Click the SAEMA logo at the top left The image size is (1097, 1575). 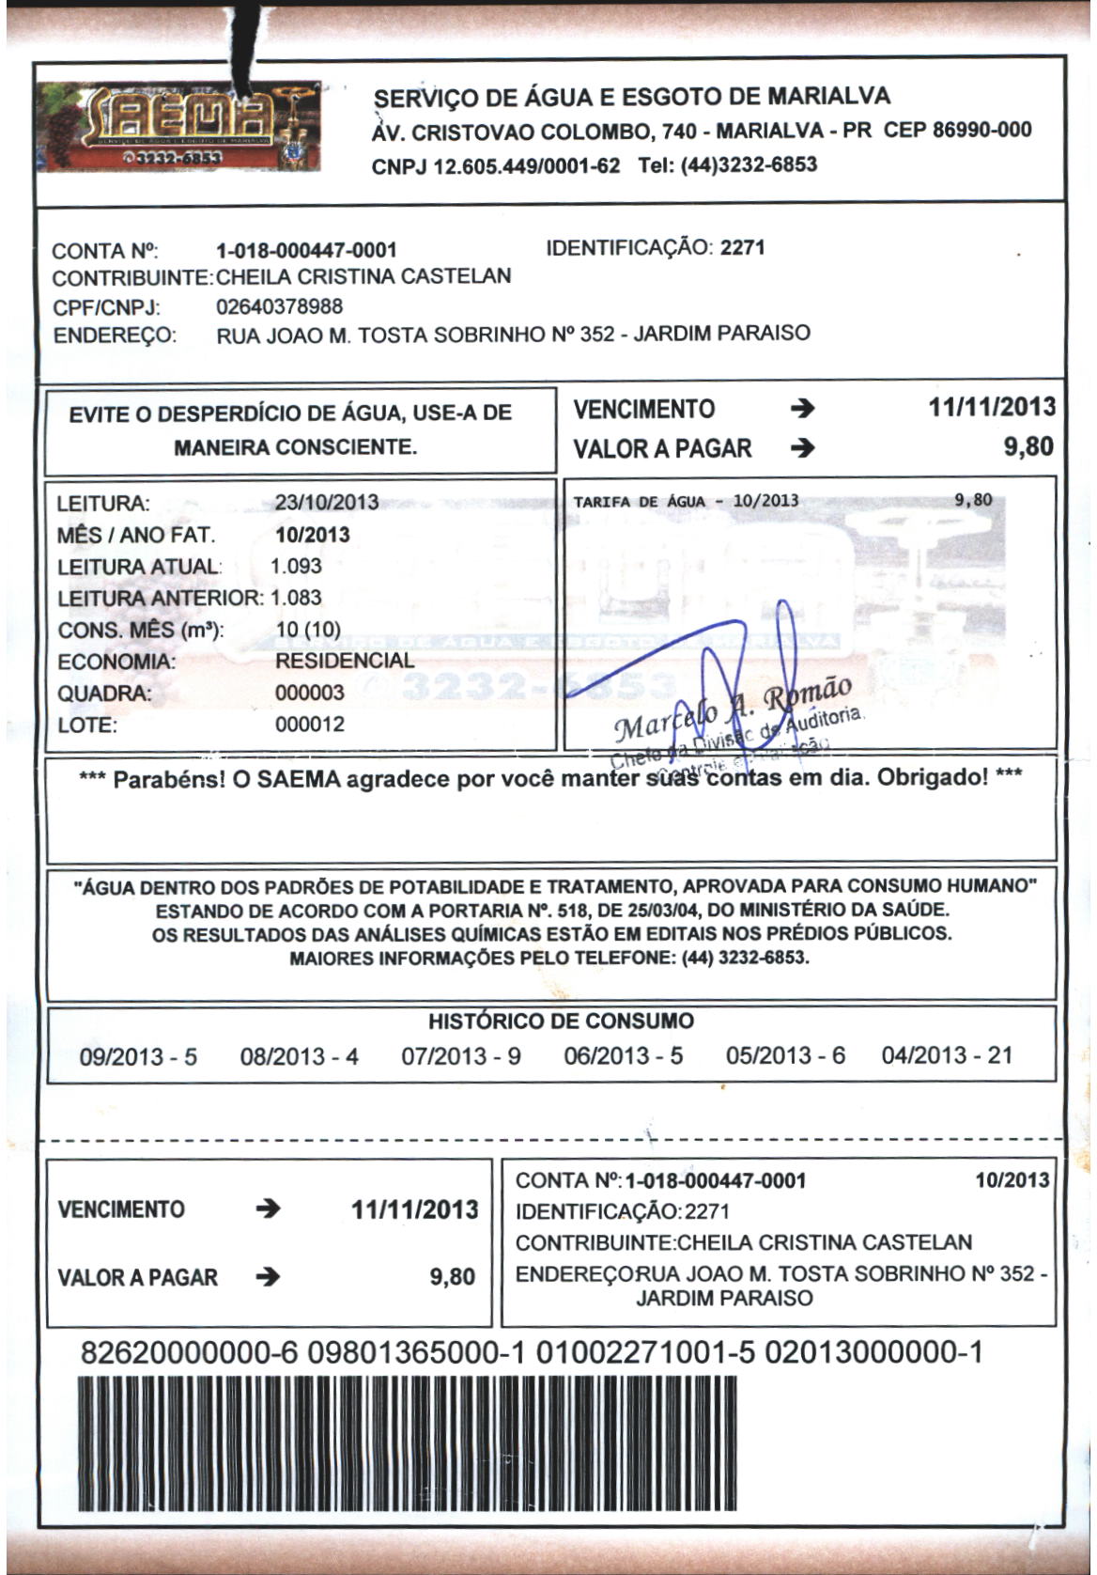tap(178, 124)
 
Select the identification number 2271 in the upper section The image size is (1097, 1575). tap(742, 248)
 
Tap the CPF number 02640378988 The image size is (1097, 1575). tap(279, 306)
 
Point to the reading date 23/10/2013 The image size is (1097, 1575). tap(327, 502)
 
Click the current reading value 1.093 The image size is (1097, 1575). tap(296, 566)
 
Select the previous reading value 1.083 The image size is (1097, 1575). tap(296, 598)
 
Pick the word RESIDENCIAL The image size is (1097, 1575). tap(345, 661)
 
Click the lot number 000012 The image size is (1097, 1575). tap(310, 725)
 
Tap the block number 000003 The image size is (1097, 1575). tap(310, 693)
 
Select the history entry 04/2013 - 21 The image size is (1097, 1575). tap(947, 1055)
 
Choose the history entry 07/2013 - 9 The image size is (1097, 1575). tap(460, 1056)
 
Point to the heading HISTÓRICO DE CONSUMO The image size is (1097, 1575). tap(561, 1021)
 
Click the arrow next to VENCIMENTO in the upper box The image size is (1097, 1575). tap(802, 409)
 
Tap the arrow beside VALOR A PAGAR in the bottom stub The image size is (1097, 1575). tap(268, 1277)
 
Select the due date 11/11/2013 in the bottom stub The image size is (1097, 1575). tap(415, 1209)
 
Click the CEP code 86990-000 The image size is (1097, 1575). tap(981, 130)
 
